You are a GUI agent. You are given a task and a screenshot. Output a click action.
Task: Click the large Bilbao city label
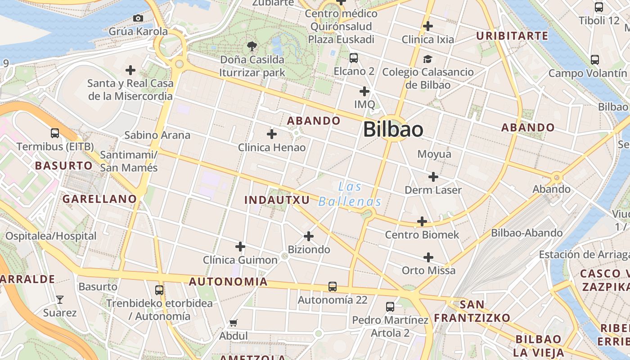[393, 130]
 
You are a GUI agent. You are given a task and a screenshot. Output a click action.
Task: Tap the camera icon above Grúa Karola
[138, 18]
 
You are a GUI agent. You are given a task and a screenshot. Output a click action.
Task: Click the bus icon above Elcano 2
[354, 58]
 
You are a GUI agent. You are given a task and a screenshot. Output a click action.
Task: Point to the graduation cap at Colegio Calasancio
[427, 59]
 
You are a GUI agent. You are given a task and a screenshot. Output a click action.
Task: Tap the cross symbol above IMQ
[364, 91]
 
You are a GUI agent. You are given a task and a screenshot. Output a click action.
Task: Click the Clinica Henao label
[271, 147]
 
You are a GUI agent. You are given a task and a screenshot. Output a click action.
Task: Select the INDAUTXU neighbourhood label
[277, 200]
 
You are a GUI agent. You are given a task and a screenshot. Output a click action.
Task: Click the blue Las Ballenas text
[350, 194]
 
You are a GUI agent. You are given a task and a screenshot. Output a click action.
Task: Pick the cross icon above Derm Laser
[433, 177]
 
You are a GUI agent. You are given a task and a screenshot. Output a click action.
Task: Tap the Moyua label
[434, 154]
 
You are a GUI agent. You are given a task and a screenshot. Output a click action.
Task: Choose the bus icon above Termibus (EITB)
[55, 133]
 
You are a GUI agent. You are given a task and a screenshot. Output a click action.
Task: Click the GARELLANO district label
[99, 198]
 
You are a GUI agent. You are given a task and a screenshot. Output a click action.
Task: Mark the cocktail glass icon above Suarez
[59, 299]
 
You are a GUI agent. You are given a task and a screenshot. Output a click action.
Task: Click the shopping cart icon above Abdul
[233, 323]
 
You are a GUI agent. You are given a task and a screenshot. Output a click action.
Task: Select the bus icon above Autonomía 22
[333, 286]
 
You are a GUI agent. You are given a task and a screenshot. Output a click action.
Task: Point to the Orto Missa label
[428, 270]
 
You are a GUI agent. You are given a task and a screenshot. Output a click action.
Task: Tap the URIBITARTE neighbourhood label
[512, 36]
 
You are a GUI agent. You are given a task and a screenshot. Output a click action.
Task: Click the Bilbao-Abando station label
[526, 233]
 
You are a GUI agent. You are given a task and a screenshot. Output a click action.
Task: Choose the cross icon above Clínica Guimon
[240, 247]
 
